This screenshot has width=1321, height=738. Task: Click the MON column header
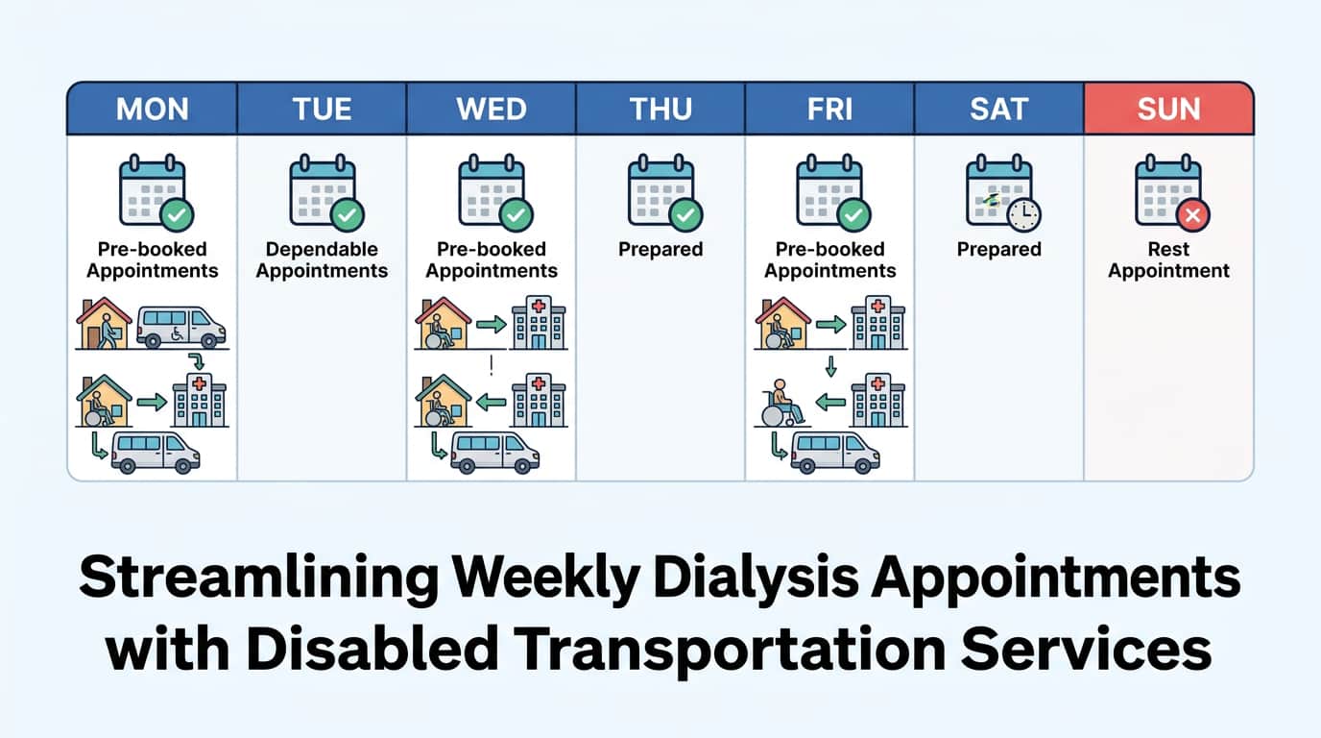152,109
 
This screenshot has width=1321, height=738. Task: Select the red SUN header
1168,109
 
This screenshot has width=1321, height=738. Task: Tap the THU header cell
660,109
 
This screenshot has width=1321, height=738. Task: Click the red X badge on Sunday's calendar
1193,215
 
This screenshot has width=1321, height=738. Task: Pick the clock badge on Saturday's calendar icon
1024,215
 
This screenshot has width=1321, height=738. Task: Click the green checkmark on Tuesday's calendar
347,215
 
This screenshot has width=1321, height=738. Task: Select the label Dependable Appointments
322,259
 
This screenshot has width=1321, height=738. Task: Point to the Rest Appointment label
1168,259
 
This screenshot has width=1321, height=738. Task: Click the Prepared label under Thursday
660,249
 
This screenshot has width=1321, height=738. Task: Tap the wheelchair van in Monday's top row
180,327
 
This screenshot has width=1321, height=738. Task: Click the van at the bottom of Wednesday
494,451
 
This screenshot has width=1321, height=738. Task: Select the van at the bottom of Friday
834,451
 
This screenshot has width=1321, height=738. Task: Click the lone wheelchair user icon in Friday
784,402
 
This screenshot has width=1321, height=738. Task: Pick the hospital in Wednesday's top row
539,323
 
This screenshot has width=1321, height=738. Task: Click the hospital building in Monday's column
199,401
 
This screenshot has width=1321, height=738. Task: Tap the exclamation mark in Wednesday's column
491,364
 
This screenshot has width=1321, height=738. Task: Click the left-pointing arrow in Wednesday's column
491,403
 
